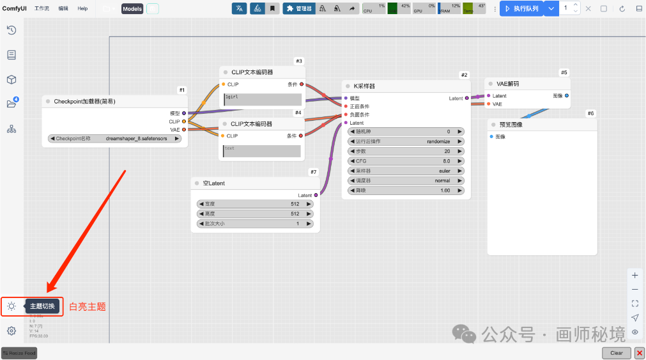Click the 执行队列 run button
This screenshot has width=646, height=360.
tap(521, 8)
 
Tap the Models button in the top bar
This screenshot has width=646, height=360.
tap(132, 8)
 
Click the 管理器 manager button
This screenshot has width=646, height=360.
tap(298, 8)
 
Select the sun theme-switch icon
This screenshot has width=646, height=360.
tap(12, 306)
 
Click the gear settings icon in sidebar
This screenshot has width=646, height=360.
tap(12, 331)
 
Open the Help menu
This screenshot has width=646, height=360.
tap(82, 8)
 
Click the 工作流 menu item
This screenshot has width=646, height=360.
tap(42, 8)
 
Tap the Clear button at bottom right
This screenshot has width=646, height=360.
tap(616, 352)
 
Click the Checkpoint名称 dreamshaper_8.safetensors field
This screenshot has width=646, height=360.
tap(115, 138)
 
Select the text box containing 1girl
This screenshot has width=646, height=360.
tap(262, 100)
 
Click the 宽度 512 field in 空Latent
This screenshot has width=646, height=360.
tap(255, 204)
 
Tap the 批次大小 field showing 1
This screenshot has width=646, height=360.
tap(255, 224)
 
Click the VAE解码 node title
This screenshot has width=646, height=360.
tap(507, 84)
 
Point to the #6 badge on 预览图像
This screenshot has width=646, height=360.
tap(590, 113)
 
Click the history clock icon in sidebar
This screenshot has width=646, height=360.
tap(12, 30)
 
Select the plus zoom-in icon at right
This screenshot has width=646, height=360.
tap(634, 276)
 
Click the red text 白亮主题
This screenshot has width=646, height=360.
tap(87, 307)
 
